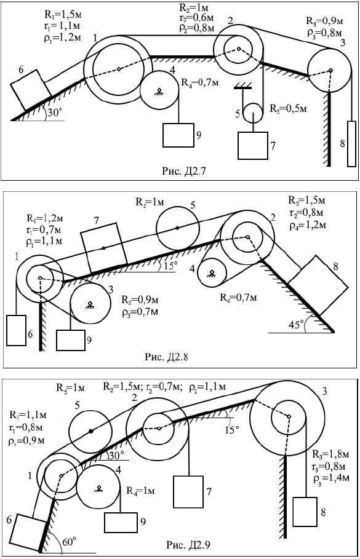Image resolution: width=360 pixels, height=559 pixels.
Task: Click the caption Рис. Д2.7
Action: coord(184,171)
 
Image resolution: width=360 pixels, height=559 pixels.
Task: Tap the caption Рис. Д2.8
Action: coord(166,357)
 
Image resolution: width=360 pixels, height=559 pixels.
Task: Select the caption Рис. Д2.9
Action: coord(188,545)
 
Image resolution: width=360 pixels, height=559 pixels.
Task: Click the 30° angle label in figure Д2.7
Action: coord(55,113)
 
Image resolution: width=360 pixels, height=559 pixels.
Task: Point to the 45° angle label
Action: coord(297,325)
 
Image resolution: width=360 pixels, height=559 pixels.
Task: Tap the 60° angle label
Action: coord(69,542)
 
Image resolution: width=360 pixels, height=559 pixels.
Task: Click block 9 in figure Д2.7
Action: coord(178,135)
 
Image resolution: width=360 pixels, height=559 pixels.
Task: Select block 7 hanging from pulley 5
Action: coord(253,146)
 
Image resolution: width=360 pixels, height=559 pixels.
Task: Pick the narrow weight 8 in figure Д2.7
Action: coord(351,144)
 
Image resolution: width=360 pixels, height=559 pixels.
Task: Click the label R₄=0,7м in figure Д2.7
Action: coord(200,82)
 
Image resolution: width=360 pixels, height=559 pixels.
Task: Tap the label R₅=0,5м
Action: coord(288,108)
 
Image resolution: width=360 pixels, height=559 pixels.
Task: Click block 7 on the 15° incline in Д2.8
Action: coord(104,248)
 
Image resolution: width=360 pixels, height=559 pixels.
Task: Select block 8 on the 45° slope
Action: coord(318,285)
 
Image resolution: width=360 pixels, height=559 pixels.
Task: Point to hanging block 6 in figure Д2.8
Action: coord(16,330)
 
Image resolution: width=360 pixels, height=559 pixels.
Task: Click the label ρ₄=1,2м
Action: coord(307,225)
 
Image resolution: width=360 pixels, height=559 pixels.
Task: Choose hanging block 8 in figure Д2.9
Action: coord(305,512)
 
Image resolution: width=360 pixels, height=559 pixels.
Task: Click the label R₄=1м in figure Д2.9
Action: coord(140,491)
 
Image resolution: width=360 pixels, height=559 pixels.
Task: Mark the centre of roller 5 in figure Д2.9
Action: coord(91,431)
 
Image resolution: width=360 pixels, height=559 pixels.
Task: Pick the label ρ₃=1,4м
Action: coord(332,478)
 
